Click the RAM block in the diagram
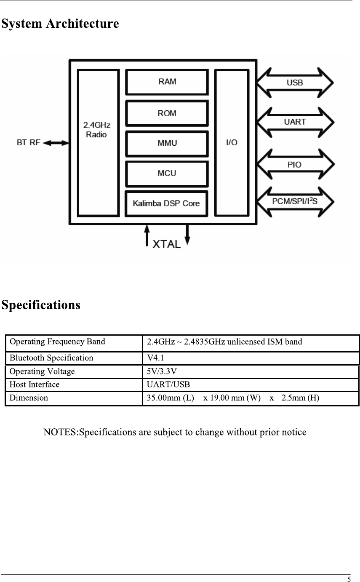click(x=167, y=82)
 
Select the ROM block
click(x=167, y=113)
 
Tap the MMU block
click(x=167, y=143)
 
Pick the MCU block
click(x=167, y=173)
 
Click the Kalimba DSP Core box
click(x=166, y=203)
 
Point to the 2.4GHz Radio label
click(x=97, y=130)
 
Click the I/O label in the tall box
click(x=232, y=143)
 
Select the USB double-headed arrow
click(x=295, y=83)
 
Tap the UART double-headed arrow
click(x=295, y=122)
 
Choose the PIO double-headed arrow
click(x=295, y=165)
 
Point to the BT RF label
click(x=29, y=143)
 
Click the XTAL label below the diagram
click(x=166, y=244)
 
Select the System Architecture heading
click(x=60, y=24)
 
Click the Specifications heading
click(x=40, y=304)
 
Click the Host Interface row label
click(x=35, y=384)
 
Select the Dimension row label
click(x=29, y=398)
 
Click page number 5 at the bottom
click(x=349, y=579)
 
